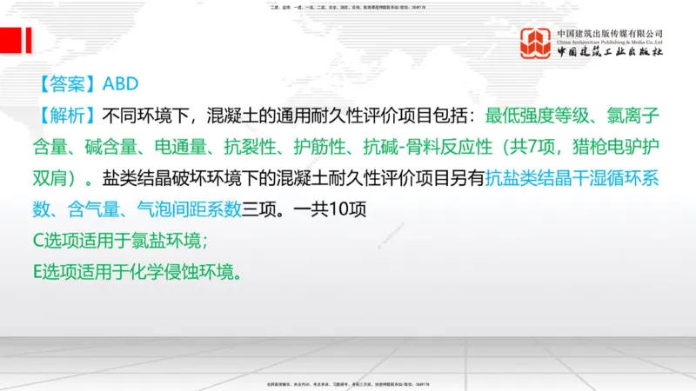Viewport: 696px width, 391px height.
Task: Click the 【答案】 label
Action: click(68, 84)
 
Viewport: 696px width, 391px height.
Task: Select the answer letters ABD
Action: click(121, 84)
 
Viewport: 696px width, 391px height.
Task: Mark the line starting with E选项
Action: click(135, 272)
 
